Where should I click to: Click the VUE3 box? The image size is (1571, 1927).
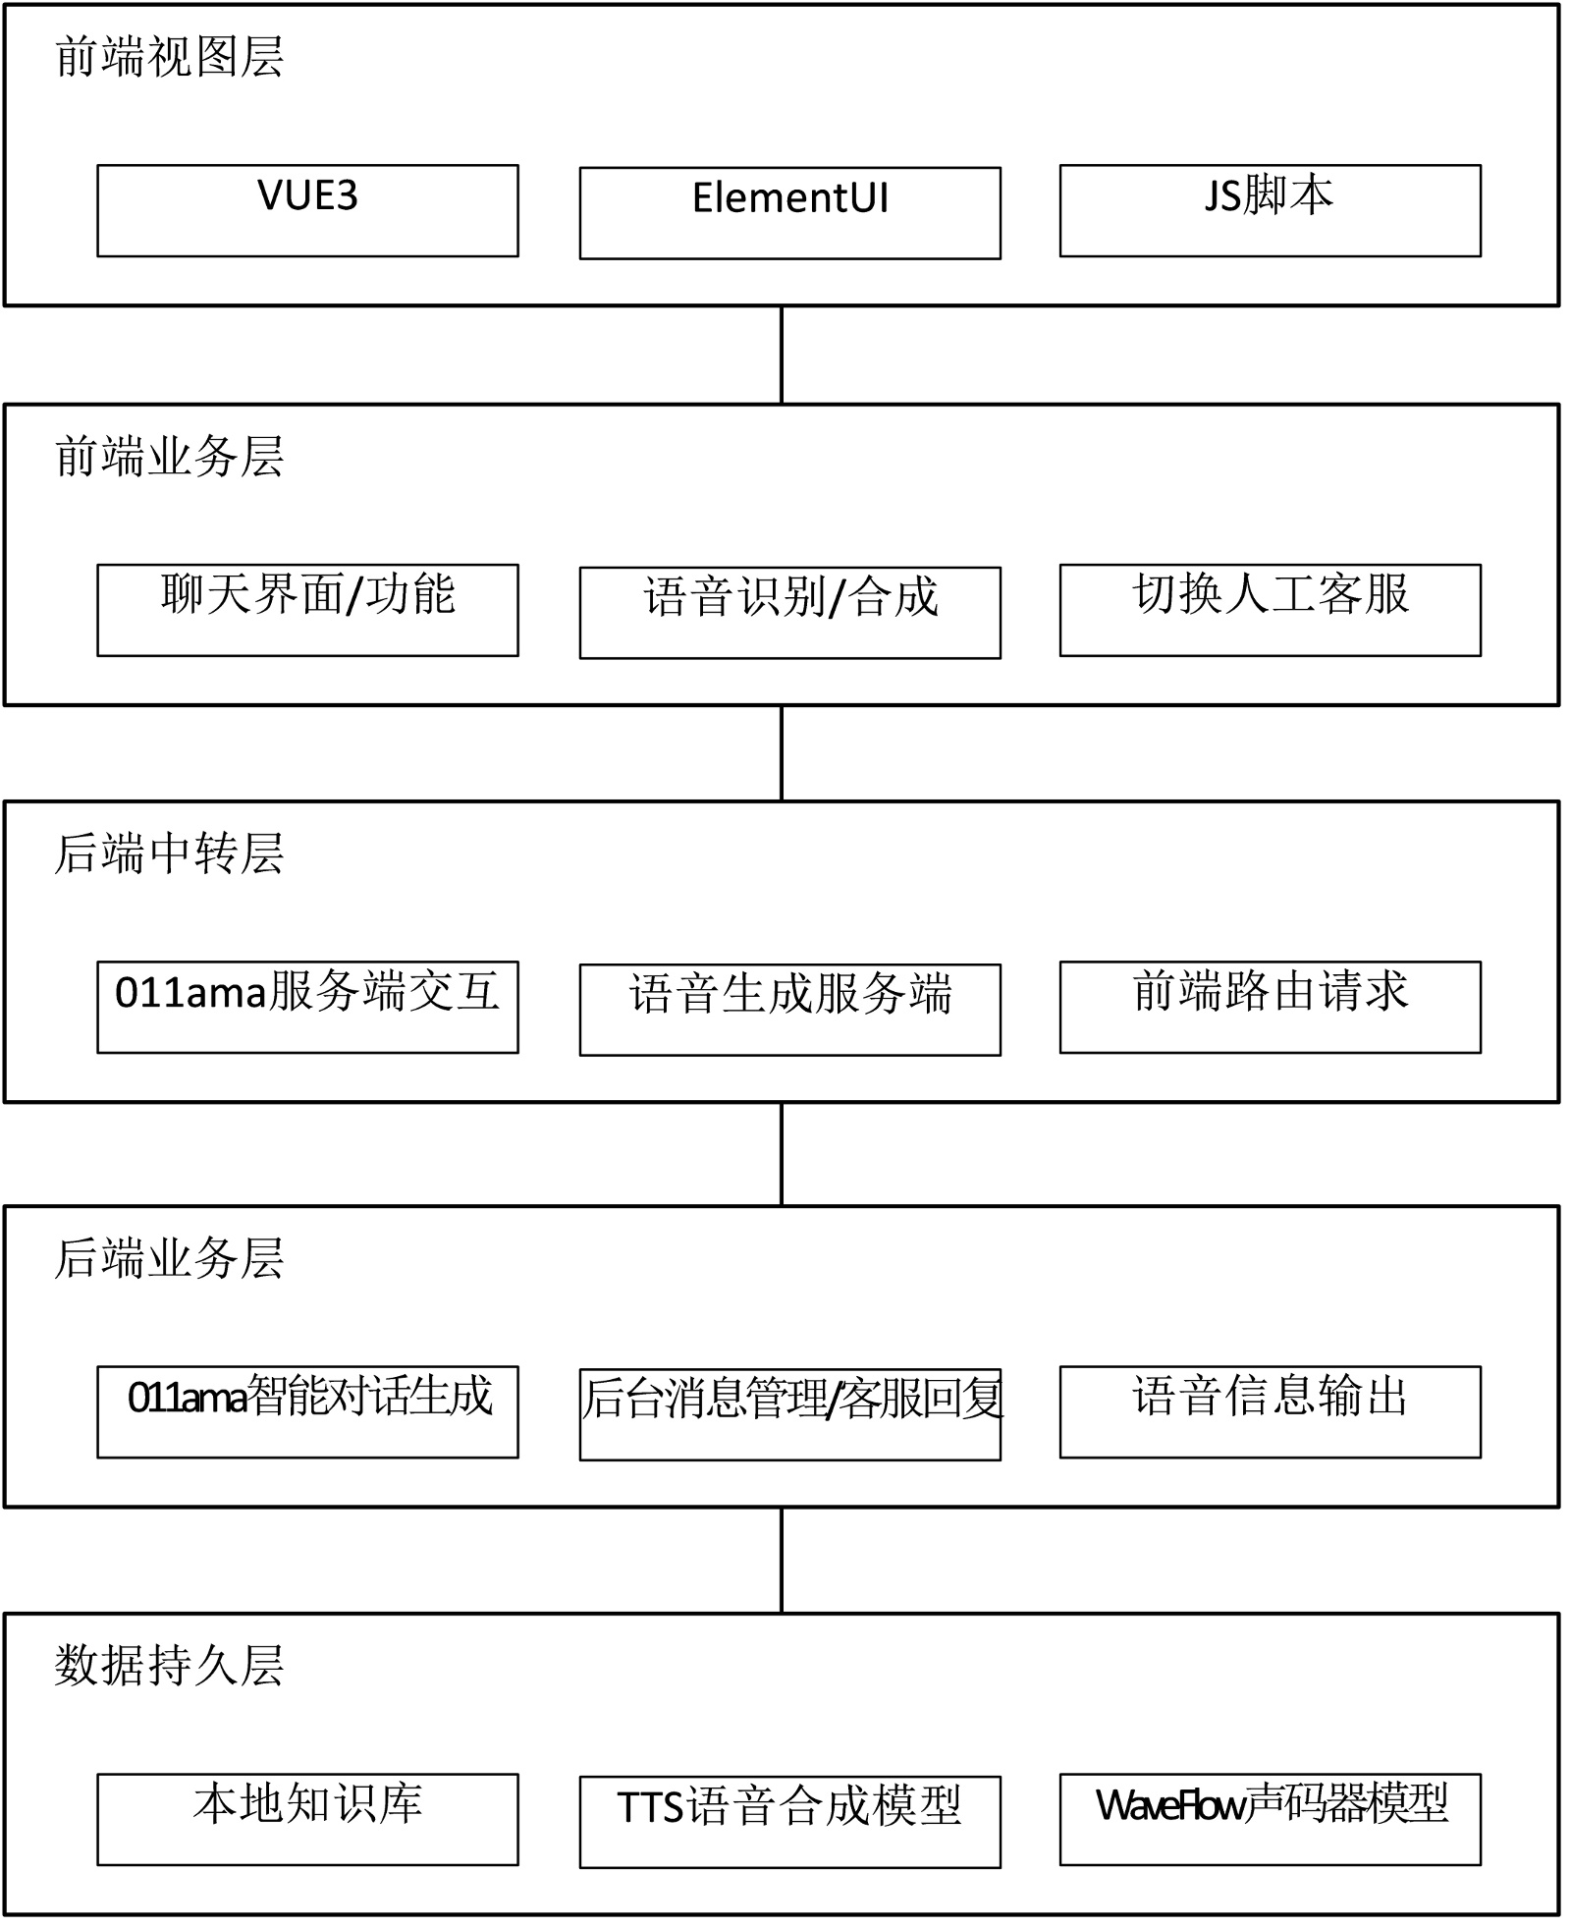pyautogui.click(x=307, y=210)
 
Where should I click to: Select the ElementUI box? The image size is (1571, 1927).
pyautogui.click(x=789, y=213)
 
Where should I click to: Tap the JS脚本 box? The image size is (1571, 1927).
pyautogui.click(x=1270, y=210)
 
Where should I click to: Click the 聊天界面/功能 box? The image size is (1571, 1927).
pyautogui.click(x=307, y=610)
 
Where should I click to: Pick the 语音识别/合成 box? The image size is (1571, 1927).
pyautogui.click(x=789, y=612)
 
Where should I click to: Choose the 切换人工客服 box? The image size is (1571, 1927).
pyautogui.click(x=1270, y=610)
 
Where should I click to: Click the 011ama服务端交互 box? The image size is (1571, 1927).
pyautogui.click(x=307, y=1007)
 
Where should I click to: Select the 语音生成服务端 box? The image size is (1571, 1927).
pyautogui.click(x=789, y=1010)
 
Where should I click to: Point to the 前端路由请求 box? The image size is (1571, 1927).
pyautogui.click(x=1270, y=1007)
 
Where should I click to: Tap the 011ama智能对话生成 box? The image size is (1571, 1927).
pyautogui.click(x=307, y=1411)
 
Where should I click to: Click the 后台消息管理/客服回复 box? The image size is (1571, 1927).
pyautogui.click(x=789, y=1414)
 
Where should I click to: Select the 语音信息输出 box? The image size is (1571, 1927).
pyautogui.click(x=1270, y=1411)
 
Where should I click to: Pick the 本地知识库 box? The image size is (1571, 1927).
pyautogui.click(x=307, y=1819)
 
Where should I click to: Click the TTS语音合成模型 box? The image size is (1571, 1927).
pyautogui.click(x=789, y=1822)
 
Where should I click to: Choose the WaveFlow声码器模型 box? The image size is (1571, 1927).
pyautogui.click(x=1270, y=1819)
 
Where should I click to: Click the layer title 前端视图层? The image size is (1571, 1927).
pyautogui.click(x=169, y=57)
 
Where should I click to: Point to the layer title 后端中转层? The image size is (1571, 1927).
pyautogui.click(x=169, y=853)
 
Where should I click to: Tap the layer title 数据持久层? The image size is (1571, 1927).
pyautogui.click(x=169, y=1665)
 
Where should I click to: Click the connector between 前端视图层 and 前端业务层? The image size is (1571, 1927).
pyautogui.click(x=782, y=355)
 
